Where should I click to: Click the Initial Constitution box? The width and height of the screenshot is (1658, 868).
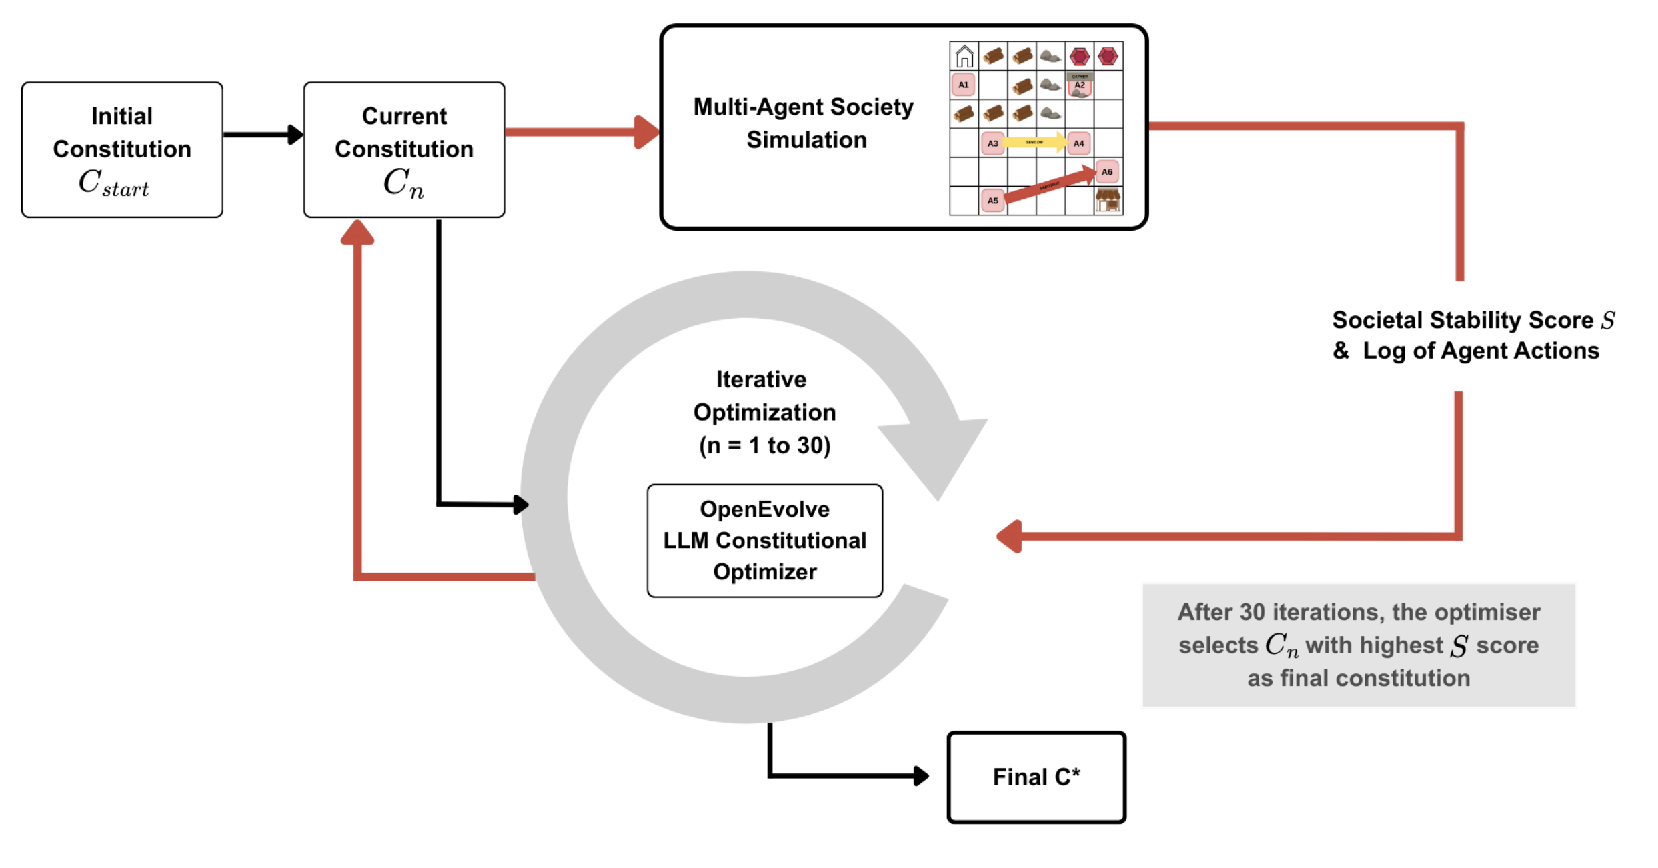(122, 150)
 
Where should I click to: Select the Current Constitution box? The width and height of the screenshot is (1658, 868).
(404, 150)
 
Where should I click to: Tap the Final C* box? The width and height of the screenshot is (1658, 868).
(1036, 777)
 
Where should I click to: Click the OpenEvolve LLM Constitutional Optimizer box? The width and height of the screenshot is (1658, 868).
(764, 541)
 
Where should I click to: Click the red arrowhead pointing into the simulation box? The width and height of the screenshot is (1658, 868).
(646, 132)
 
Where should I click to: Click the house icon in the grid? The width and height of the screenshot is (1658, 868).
(964, 57)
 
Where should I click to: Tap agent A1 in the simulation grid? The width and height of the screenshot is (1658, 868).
(964, 85)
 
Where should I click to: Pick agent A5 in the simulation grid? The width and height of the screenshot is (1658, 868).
(993, 201)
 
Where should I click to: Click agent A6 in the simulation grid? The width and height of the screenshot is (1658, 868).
(1107, 172)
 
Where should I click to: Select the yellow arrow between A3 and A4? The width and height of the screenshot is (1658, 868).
(1035, 142)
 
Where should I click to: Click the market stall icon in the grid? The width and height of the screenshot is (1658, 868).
(1108, 200)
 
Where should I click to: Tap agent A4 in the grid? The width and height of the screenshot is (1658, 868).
(1079, 143)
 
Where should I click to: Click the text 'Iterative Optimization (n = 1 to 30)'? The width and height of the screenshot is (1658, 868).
(764, 413)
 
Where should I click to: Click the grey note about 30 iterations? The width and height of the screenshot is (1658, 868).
(1359, 645)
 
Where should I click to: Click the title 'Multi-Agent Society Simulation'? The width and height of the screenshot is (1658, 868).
(804, 123)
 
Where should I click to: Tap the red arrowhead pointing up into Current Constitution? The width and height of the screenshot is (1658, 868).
(357, 233)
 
